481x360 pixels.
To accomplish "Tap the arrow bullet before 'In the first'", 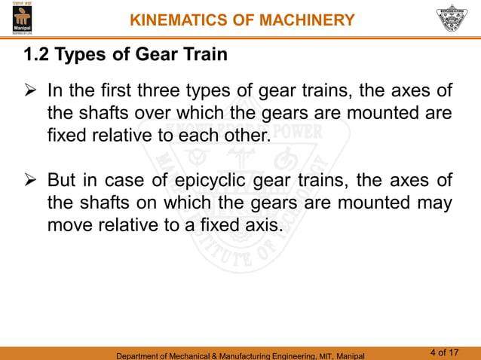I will (x=31, y=92).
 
